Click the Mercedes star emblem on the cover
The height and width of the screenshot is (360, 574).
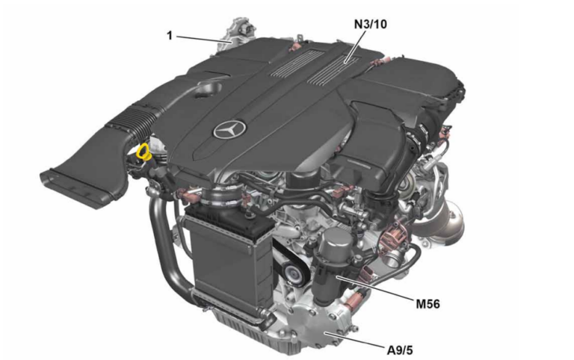coord(227,132)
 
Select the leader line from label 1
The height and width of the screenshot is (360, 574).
coord(202,39)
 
